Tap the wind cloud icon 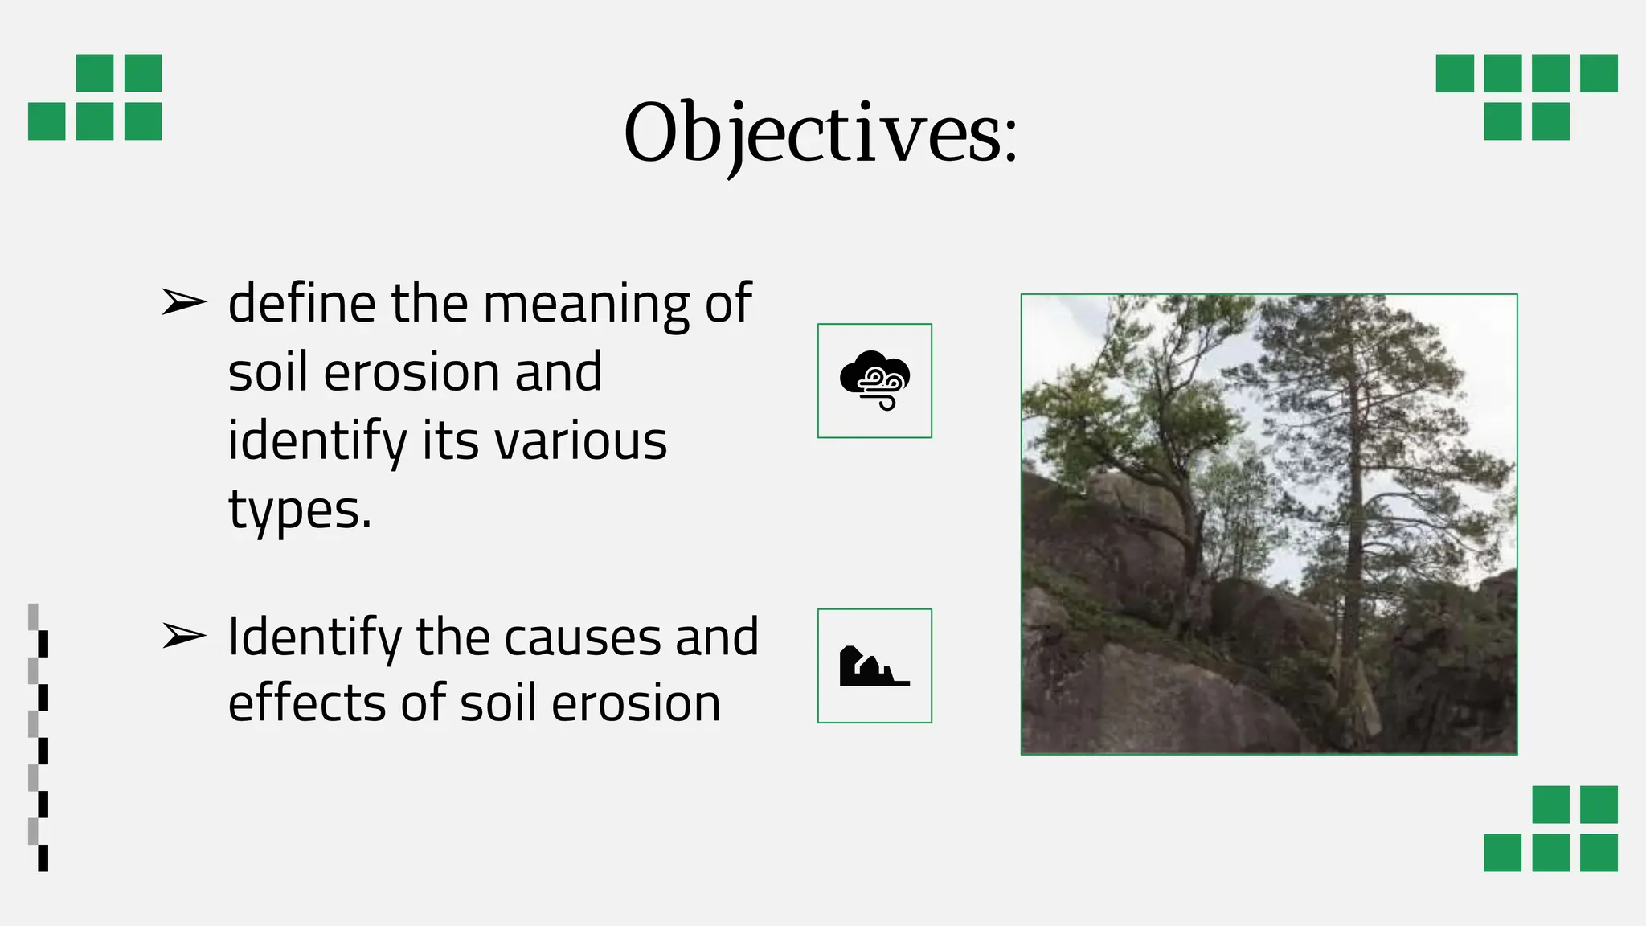pyautogui.click(x=874, y=380)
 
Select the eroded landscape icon pyautogui.click(x=874, y=666)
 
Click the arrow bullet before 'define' pyautogui.click(x=184, y=303)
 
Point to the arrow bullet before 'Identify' pyautogui.click(x=184, y=636)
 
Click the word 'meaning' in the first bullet pyautogui.click(x=586, y=305)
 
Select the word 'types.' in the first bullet pyautogui.click(x=300, y=511)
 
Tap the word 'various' pyautogui.click(x=580, y=442)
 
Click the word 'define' pyautogui.click(x=301, y=304)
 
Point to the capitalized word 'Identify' pyautogui.click(x=314, y=638)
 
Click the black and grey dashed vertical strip pyautogui.click(x=38, y=737)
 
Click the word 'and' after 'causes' pyautogui.click(x=716, y=638)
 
